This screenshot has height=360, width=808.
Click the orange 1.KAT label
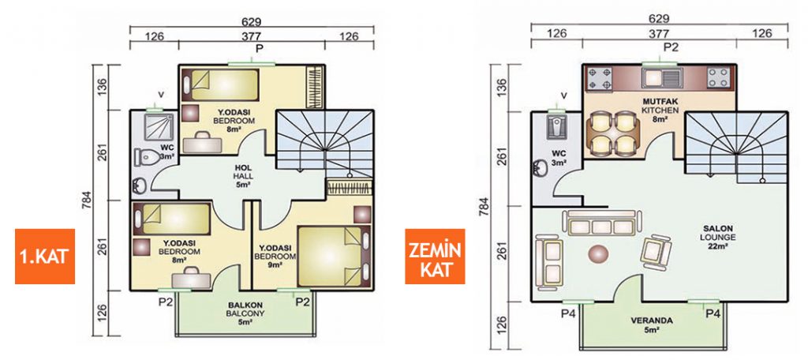45,257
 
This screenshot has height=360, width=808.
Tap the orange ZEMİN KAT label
435,257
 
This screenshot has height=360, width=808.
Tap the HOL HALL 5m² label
242,176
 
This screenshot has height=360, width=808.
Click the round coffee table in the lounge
600,253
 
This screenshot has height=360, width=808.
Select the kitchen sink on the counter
662,78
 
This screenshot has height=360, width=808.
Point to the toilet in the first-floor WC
146,157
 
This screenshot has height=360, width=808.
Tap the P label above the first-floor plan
259,48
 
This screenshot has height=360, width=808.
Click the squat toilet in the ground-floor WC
558,127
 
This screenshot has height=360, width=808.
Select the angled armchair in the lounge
657,250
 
